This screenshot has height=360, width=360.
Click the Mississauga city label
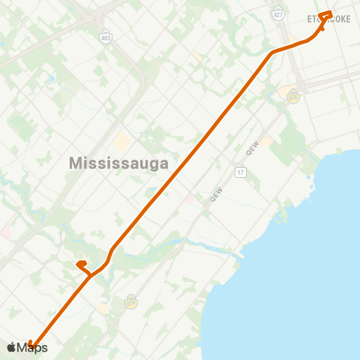pos(118,162)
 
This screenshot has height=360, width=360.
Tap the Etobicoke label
pos(329,19)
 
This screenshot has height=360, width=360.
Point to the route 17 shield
pos(240,172)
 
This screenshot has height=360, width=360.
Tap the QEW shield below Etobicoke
pos(292,96)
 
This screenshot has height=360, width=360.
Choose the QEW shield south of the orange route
pos(131,302)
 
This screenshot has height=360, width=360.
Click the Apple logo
pos(11,347)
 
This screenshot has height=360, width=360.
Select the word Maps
pos(32,347)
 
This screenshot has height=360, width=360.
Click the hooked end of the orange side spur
pos(78,264)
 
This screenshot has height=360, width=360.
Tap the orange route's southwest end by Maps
pos(32,345)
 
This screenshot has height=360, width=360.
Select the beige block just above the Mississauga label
pos(121,141)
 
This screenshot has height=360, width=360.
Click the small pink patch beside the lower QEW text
pos(192,198)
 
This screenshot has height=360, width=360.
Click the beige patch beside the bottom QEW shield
pos(102,307)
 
